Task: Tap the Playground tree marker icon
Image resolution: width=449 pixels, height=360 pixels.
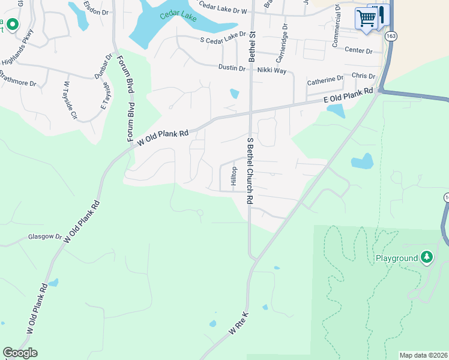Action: tap(427, 257)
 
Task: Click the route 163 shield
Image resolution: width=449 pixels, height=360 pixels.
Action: tap(391, 36)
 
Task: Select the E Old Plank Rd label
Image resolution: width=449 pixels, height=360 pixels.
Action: tap(349, 96)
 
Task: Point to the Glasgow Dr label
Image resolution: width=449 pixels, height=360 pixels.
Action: tap(45, 237)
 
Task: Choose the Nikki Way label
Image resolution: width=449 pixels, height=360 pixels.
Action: tap(271, 70)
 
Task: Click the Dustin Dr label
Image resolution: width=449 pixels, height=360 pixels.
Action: tap(232, 68)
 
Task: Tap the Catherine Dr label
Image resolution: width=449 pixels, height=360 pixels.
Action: tap(325, 79)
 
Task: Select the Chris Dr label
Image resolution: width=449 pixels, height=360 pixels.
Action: tap(363, 76)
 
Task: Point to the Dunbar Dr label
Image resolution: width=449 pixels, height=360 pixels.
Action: tap(103, 67)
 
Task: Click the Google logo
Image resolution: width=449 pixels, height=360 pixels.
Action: tap(20, 353)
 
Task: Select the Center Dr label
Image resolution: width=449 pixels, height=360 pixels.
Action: tap(358, 50)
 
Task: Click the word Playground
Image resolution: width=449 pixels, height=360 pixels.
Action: tap(396, 258)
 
